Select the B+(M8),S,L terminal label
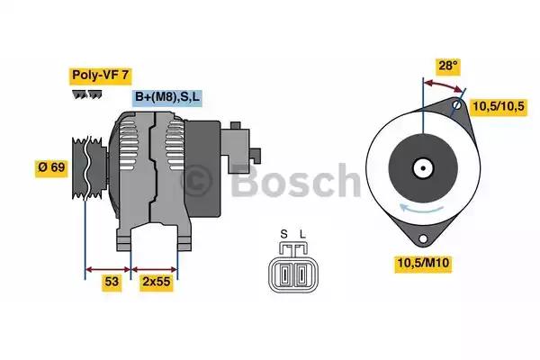point(169,97)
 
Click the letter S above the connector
point(283,235)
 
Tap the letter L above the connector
point(302,235)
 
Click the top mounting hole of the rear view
point(458,106)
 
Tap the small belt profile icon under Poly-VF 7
point(85,94)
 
